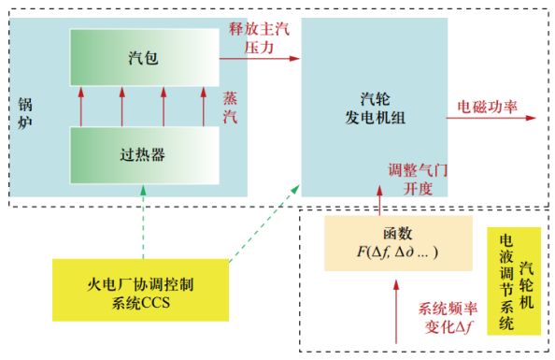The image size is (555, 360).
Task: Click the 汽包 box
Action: point(144,58)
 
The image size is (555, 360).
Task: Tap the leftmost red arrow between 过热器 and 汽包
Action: point(80,104)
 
